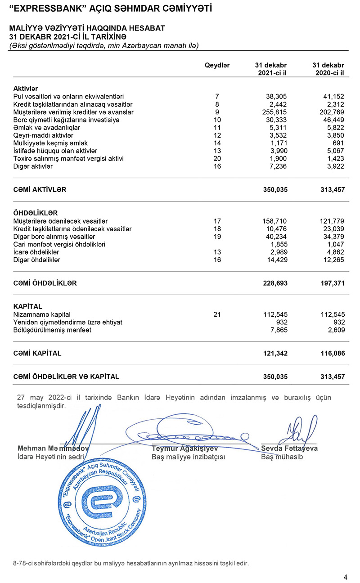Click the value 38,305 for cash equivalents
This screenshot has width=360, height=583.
pyautogui.click(x=275, y=96)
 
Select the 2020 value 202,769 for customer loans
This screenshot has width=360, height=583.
pyautogui.click(x=332, y=112)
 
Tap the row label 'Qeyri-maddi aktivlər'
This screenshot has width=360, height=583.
pyautogui.click(x=43, y=135)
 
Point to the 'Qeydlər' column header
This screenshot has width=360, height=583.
pyautogui.click(x=217, y=65)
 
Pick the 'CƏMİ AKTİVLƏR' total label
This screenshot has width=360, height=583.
pyautogui.click(x=40, y=190)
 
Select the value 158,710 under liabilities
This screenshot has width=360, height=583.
pyautogui.click(x=274, y=221)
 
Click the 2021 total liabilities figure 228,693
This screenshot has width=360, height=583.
pyautogui.click(x=275, y=283)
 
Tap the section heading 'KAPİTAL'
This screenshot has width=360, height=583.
pyautogui.click(x=28, y=306)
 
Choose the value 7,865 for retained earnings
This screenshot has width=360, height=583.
pyautogui.click(x=278, y=330)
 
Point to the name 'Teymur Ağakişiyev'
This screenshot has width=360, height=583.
pyautogui.click(x=184, y=448)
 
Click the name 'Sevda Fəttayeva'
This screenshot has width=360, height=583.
pyautogui.click(x=289, y=448)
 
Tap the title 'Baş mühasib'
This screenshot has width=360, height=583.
pyautogui.click(x=282, y=457)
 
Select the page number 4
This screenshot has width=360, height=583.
pyautogui.click(x=345, y=577)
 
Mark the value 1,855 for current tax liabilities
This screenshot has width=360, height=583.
pyautogui.click(x=278, y=244)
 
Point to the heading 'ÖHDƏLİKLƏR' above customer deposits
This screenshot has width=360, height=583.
pyautogui.click(x=36, y=213)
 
